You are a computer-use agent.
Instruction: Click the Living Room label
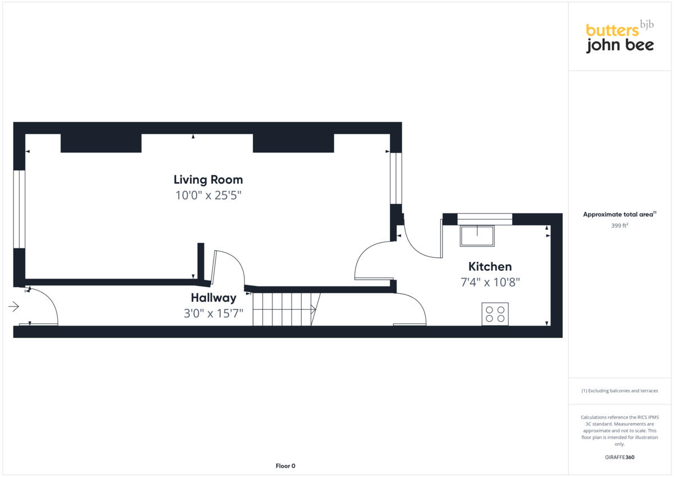coord(208,180)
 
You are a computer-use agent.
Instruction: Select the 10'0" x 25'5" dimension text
coord(208,196)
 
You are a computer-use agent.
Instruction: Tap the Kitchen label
coord(490,266)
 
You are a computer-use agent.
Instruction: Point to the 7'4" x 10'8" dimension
coord(490,282)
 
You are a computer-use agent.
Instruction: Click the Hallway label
coord(213,298)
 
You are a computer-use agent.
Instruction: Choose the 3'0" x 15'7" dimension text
coord(213,314)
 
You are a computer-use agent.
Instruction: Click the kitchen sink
coord(477,236)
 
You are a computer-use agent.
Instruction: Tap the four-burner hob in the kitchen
coord(495,314)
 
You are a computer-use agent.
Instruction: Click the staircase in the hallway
coord(284,308)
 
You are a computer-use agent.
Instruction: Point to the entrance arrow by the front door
coord(14,306)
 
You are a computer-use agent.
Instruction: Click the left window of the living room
coord(19,209)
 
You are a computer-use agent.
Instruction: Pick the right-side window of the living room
coord(396,178)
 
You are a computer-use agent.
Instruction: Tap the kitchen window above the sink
coord(485,219)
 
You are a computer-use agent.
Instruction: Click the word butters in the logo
coord(612,30)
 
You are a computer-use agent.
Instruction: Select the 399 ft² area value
coord(620,225)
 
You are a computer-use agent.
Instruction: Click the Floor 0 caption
coord(285,466)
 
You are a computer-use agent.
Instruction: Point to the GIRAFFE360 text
coord(620,457)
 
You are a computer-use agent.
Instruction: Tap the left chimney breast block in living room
coord(101,143)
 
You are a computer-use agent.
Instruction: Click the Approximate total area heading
coord(620,214)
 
